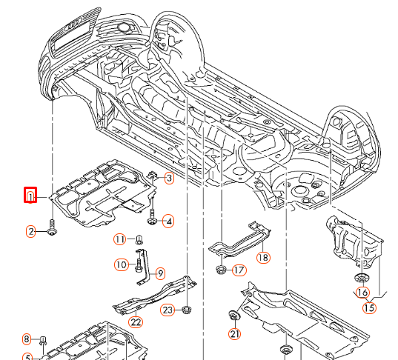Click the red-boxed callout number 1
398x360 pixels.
tap(30, 196)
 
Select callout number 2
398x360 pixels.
tap(32, 232)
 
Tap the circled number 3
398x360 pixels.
tap(169, 179)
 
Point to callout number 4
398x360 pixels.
tap(169, 221)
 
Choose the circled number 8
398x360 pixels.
tap(26, 339)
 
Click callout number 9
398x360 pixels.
tap(160, 273)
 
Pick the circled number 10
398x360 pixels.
tap(120, 264)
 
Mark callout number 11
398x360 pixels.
tap(120, 239)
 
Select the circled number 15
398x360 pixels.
tap(368, 307)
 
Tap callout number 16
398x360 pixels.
tap(362, 293)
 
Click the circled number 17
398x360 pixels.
tap(238, 270)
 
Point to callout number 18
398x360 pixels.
tap(263, 257)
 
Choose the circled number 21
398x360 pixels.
tap(235, 334)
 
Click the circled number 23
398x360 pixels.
tap(168, 310)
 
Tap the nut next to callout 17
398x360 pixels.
tap(221, 268)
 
